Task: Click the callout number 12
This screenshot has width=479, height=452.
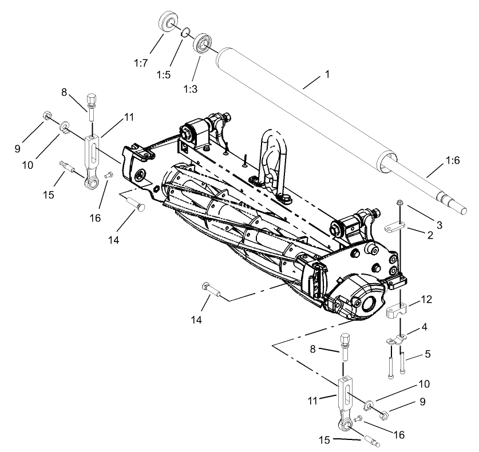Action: [x=426, y=299]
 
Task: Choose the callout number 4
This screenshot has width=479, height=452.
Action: [x=423, y=328]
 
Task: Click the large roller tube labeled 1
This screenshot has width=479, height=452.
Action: [x=303, y=106]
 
